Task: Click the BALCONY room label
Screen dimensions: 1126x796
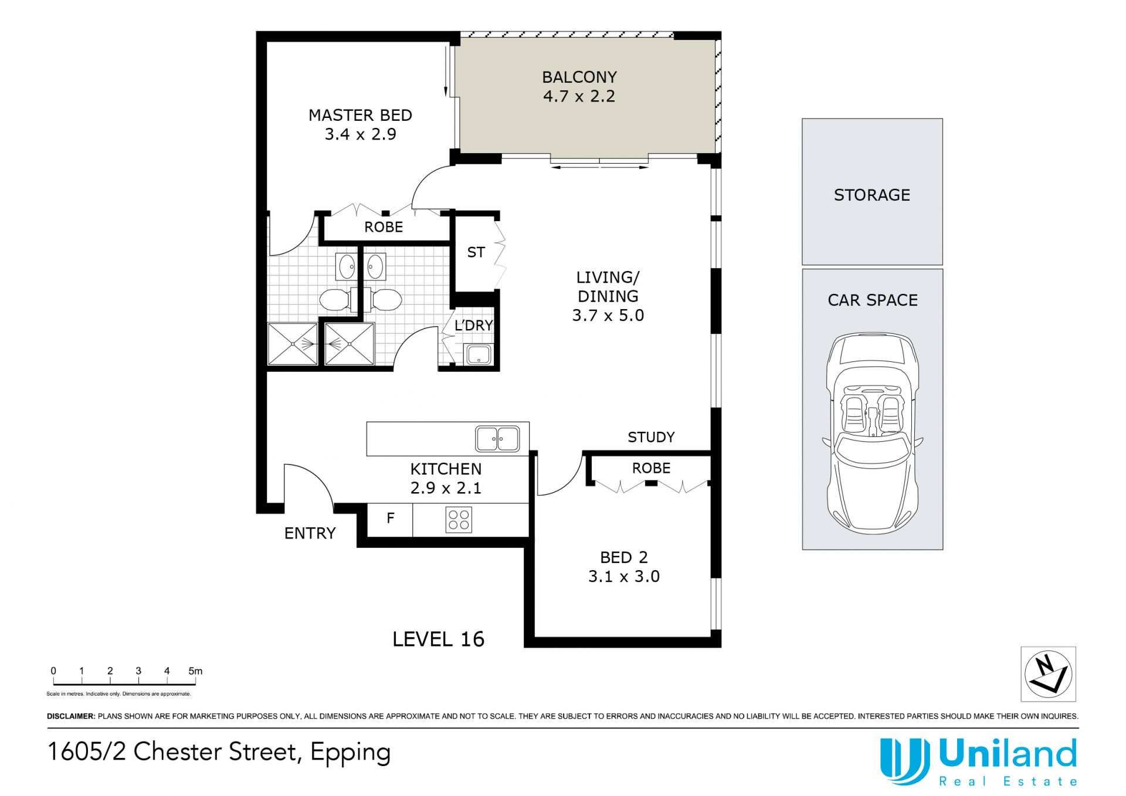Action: [579, 77]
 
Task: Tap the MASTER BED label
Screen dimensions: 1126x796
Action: [360, 115]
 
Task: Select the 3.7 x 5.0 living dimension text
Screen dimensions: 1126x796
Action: [608, 315]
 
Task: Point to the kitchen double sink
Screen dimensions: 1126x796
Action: [497, 439]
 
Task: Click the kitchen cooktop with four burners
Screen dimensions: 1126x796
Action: [459, 520]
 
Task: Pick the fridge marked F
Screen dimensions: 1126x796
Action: [390, 520]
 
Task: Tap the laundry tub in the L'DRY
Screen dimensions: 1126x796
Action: [479, 355]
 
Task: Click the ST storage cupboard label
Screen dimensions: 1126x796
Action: [476, 252]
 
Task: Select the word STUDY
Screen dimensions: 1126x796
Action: [651, 437]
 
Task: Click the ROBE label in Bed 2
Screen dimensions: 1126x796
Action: [651, 468]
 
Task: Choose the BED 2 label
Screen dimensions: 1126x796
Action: [623, 557]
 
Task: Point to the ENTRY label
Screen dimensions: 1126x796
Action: [310, 533]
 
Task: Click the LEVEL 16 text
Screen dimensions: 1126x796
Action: [438, 639]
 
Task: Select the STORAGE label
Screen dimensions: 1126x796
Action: [872, 195]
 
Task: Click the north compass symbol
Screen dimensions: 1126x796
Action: [1048, 674]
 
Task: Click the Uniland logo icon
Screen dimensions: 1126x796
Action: [904, 761]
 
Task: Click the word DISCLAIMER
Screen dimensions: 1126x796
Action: [71, 716]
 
